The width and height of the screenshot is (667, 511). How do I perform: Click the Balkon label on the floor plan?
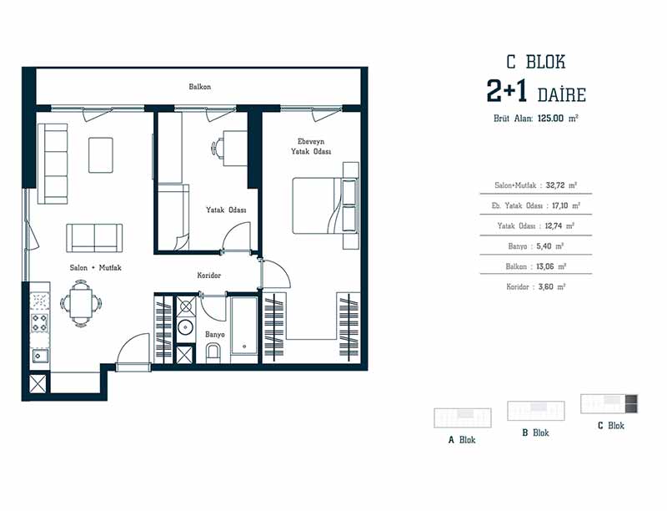tap(199, 87)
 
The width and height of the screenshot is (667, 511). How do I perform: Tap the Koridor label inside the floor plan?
tap(209, 276)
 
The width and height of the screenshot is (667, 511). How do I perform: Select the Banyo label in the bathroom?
tap(215, 335)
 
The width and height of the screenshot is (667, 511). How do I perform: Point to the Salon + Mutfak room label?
tap(96, 268)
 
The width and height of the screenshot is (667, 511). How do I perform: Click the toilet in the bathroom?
tap(213, 354)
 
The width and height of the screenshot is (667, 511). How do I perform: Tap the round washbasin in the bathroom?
tap(185, 327)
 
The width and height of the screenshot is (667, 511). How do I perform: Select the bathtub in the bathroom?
tap(244, 326)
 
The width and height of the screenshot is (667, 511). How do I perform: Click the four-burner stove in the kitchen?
tap(40, 322)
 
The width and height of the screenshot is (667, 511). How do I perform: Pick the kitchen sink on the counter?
tap(40, 355)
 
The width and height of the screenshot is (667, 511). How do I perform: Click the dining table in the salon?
tap(81, 304)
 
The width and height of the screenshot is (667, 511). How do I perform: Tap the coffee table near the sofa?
tap(101, 155)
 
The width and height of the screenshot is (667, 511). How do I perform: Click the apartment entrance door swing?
tap(133, 349)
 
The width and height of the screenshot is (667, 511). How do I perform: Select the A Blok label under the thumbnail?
tap(462, 440)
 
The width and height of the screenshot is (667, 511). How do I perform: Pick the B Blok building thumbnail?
tap(536, 411)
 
